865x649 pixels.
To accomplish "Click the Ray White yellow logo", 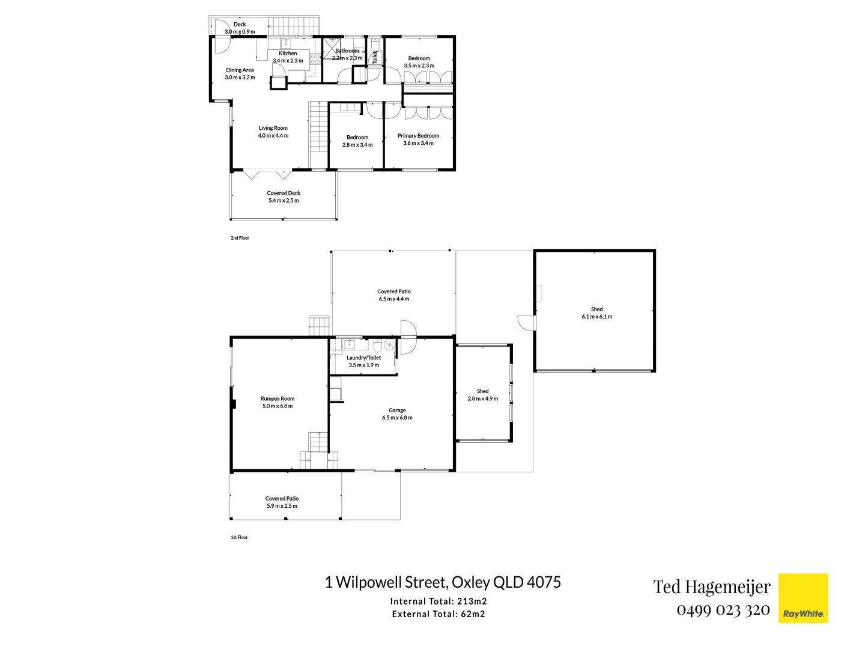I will (803, 598).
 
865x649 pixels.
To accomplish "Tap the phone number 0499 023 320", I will (723, 610).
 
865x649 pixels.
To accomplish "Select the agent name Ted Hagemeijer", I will (712, 587).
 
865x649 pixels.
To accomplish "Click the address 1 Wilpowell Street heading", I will (443, 582).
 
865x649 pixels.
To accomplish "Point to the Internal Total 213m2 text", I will (439, 601).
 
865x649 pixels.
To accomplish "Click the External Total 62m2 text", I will (439, 614).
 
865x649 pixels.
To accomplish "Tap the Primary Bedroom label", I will (418, 136).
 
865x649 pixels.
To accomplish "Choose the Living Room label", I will (273, 128).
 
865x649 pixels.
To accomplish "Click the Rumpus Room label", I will (278, 398).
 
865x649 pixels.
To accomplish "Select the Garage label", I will (397, 410).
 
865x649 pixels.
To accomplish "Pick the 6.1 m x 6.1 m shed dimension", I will (597, 317).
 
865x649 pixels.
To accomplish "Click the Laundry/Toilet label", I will (363, 358).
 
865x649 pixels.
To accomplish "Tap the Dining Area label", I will (240, 70).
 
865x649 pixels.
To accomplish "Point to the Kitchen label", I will (288, 53).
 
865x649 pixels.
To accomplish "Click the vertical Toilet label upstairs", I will (375, 58).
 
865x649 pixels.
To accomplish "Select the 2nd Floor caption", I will (240, 238).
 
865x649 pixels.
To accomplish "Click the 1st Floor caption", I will (239, 537).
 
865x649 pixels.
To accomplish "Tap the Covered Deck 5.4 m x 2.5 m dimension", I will (284, 201).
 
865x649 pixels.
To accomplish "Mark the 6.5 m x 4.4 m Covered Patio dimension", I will (394, 299).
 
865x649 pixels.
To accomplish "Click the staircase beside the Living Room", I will (318, 136).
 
